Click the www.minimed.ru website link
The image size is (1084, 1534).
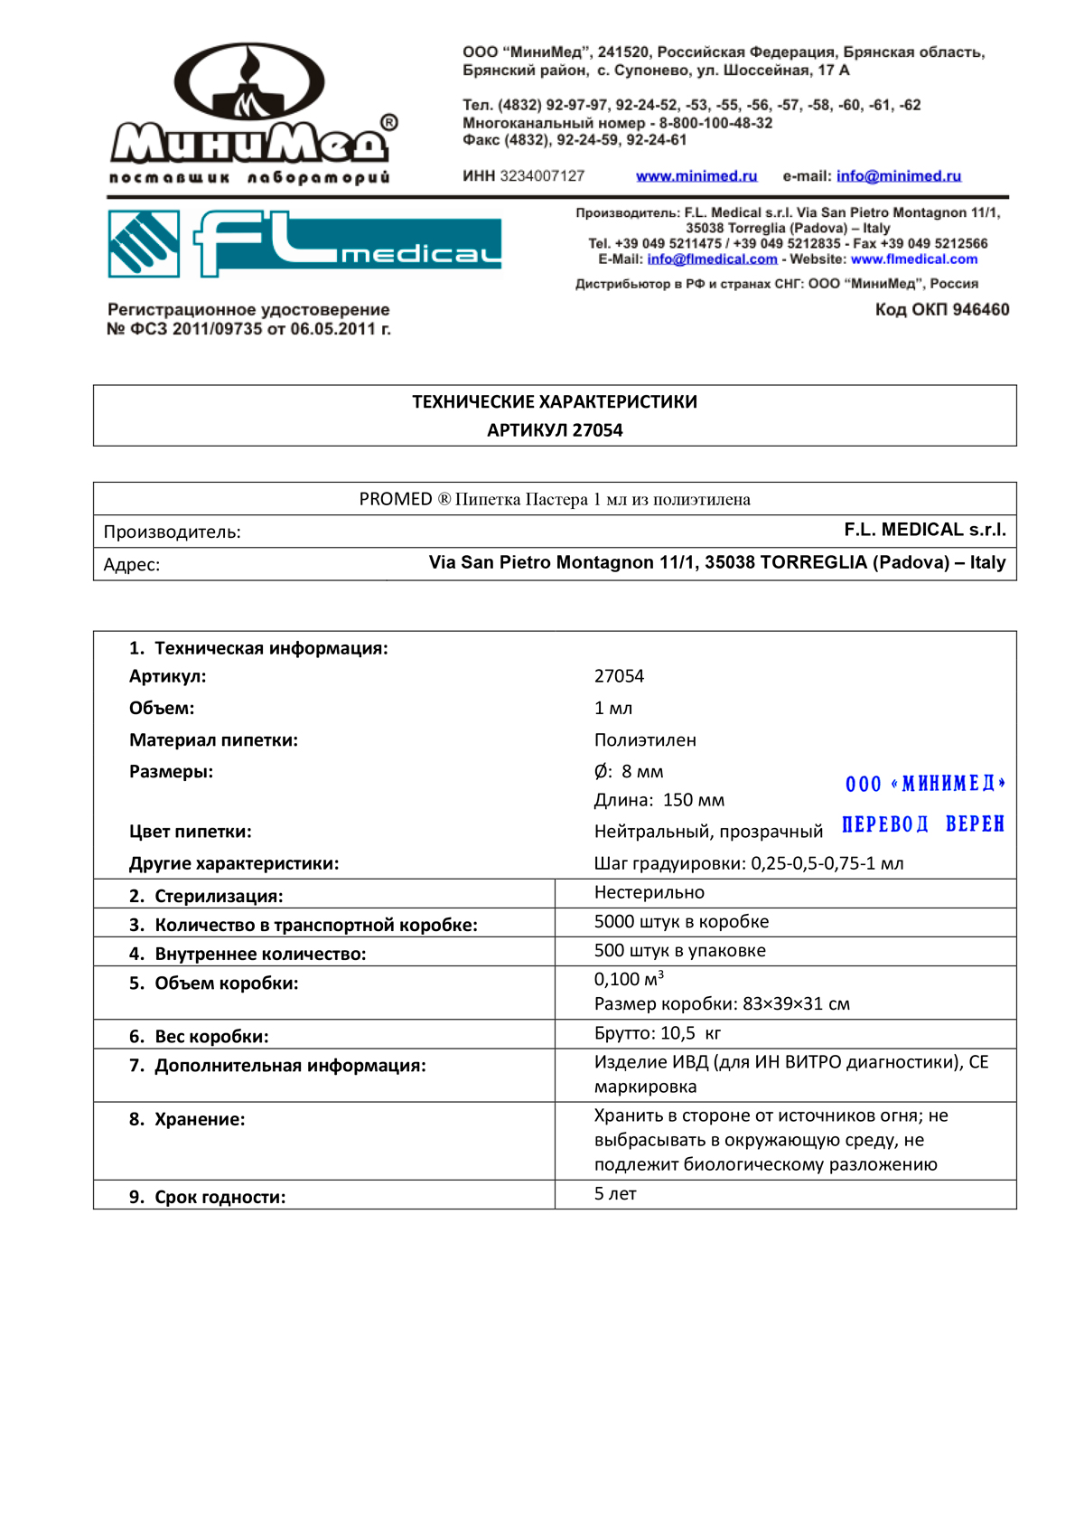696,176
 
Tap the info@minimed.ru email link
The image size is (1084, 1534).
898,176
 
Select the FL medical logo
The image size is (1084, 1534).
304,243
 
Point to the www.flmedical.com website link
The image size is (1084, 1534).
914,259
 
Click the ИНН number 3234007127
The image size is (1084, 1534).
542,176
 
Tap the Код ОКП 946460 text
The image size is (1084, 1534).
941,310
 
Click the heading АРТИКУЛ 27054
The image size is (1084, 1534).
555,430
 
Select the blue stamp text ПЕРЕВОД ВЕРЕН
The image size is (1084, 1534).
922,824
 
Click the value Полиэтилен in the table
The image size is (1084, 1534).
645,740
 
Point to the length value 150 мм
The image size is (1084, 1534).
693,800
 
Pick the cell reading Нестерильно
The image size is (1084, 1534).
649,893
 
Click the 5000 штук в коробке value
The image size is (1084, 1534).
681,922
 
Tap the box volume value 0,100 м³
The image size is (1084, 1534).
629,979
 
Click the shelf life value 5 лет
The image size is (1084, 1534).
615,1194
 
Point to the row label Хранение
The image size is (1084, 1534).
199,1120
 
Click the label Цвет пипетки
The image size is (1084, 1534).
191,832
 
